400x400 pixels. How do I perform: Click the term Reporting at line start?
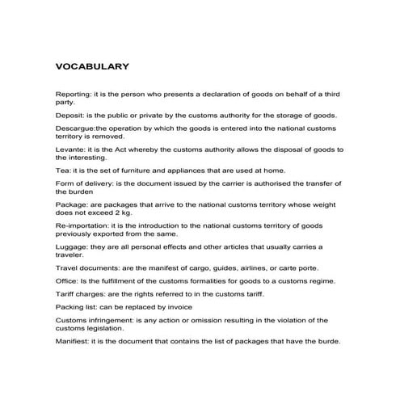pos(72,95)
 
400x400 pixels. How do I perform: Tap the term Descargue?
pos(76,129)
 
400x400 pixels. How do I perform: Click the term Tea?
pos(62,170)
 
